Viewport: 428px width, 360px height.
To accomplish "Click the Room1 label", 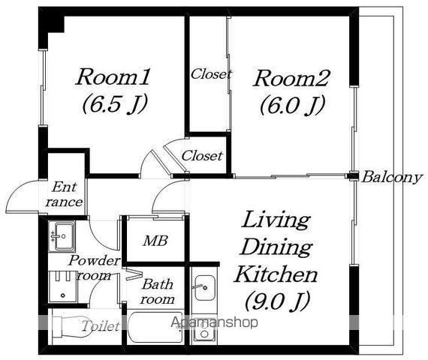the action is (113, 77).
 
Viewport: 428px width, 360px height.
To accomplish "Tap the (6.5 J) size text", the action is (115, 104).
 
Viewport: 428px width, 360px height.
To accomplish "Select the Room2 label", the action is (291, 78).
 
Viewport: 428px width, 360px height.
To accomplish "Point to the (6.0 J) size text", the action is (292, 105).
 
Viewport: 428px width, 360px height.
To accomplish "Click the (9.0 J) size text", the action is (277, 301).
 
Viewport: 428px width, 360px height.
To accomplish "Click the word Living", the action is (276, 220).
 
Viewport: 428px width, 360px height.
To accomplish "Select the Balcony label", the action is (392, 177).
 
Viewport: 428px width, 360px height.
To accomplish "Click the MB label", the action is (155, 241).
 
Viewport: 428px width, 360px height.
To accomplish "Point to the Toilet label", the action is (101, 325).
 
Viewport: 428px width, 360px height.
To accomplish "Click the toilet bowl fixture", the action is (72, 327).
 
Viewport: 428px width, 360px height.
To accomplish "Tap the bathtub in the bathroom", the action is (155, 327).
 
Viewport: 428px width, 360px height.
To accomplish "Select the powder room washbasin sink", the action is (62, 236).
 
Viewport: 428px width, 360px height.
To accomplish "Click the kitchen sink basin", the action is (205, 288).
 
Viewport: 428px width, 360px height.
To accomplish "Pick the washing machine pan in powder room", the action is (63, 286).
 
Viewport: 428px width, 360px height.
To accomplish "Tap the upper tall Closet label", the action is (211, 74).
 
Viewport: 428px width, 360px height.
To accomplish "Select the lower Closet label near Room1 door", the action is (202, 156).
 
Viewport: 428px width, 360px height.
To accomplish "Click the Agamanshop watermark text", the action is (214, 323).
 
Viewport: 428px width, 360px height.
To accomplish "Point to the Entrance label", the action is (64, 194).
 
